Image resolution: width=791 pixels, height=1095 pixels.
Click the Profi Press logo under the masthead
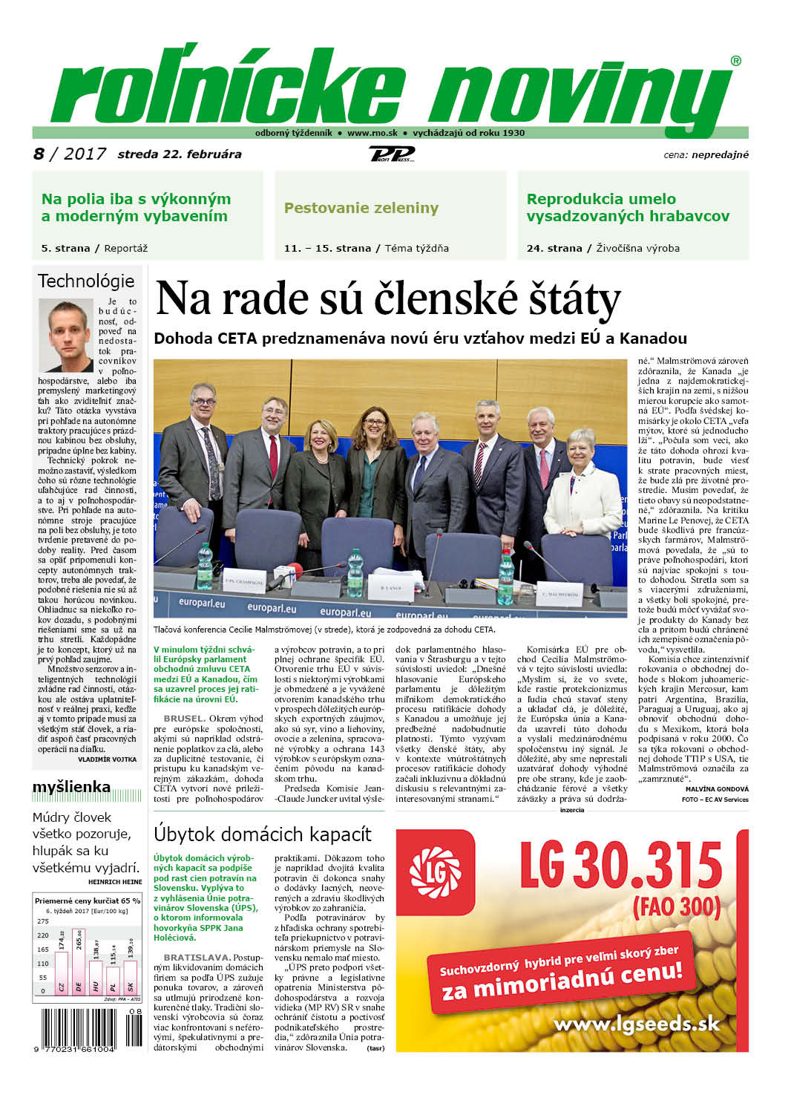391,154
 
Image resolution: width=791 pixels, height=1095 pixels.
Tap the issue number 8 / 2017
70,154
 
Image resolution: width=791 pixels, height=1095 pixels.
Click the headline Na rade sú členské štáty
387,298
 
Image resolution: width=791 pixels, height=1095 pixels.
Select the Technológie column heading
86,281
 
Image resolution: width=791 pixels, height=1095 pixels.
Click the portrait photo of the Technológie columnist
66,335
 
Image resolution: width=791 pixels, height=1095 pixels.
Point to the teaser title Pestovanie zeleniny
361,208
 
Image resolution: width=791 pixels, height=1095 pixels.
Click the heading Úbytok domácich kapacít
262,834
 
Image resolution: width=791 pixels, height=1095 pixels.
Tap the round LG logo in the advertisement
436,868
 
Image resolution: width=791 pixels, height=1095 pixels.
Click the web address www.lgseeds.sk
637,1024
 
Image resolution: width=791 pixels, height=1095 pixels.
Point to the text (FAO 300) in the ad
676,906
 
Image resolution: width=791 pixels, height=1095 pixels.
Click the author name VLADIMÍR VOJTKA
107,759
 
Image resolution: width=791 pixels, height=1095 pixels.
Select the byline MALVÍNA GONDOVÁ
717,788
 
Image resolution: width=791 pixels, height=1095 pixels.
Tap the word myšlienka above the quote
71,787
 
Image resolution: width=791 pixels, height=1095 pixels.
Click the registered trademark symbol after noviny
735,62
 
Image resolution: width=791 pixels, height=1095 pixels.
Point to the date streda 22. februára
179,154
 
